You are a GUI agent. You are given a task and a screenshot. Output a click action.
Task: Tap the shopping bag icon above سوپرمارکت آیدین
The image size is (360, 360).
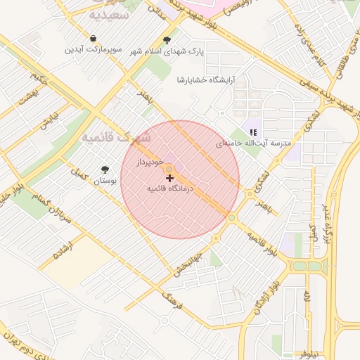(94, 38)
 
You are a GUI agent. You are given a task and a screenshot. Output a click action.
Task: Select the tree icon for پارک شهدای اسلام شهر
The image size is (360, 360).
(167, 40)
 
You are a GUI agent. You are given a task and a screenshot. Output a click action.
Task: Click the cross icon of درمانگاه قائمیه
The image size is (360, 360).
(169, 179)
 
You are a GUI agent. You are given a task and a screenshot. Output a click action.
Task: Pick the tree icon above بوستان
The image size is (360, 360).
(105, 169)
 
